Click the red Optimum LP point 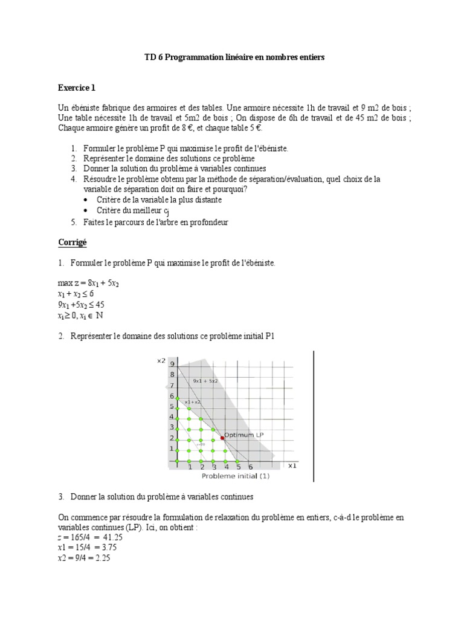coord(222,437)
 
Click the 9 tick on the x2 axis coord(172,364)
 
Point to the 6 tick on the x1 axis coord(251,467)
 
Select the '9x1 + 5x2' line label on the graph coord(205,381)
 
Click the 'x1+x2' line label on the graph coord(192,401)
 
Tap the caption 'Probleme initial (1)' coord(235,476)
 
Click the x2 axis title coord(161,361)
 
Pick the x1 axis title coord(292,466)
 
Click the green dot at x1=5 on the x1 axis coord(238,461)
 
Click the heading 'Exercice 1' coord(77,88)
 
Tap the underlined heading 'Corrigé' coord(72,242)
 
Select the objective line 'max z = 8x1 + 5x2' coord(88,283)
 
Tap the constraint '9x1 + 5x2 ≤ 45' coord(82,305)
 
